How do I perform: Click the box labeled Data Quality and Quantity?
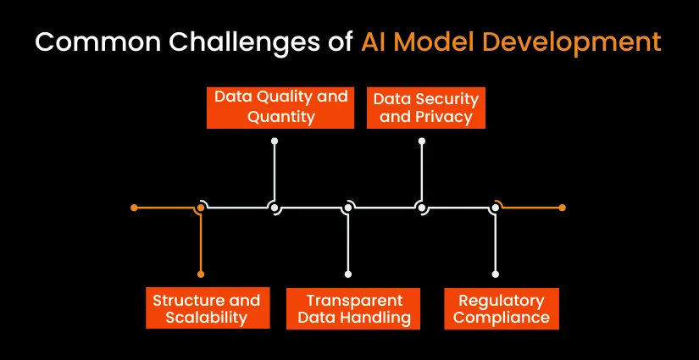click(x=280, y=108)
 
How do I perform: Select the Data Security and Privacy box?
click(x=425, y=108)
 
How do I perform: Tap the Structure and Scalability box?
click(x=208, y=308)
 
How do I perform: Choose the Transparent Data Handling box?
click(x=353, y=308)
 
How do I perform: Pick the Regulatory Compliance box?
click(x=502, y=308)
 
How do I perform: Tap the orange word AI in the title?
click(x=373, y=42)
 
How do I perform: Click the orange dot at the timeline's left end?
click(x=134, y=208)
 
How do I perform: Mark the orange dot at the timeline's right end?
click(x=562, y=208)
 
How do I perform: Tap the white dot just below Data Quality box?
click(x=275, y=141)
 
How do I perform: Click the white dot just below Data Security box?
click(x=422, y=141)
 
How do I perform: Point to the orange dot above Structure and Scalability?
click(x=201, y=274)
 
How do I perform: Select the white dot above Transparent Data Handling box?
click(x=348, y=274)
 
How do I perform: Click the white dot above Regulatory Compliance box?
click(x=495, y=274)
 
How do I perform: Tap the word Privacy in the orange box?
click(x=447, y=117)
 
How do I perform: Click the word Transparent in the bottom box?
click(x=354, y=301)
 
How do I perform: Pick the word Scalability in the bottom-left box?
click(x=207, y=318)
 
